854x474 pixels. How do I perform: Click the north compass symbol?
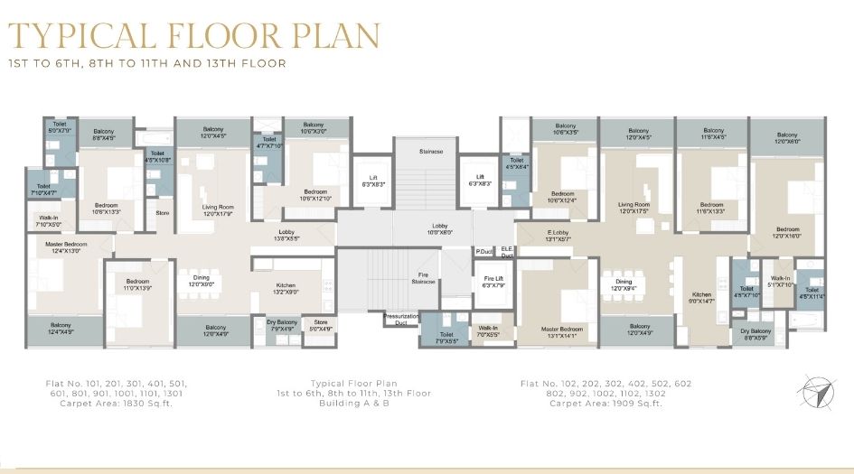tap(813, 391)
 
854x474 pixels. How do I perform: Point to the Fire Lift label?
tap(493, 282)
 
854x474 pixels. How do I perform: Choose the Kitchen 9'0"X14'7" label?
tap(702, 298)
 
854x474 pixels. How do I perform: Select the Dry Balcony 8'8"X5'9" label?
tap(757, 335)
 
